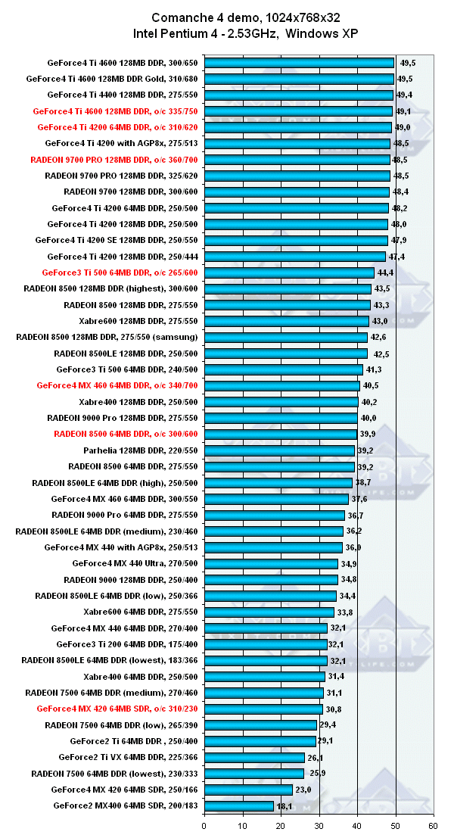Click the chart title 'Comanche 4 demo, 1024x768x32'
point(227,17)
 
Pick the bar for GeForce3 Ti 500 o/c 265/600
point(289,273)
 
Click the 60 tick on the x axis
point(433,825)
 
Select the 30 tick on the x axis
point(319,825)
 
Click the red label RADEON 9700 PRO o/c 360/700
point(114,160)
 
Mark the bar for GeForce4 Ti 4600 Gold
point(299,79)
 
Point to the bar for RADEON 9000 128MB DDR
point(271,580)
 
